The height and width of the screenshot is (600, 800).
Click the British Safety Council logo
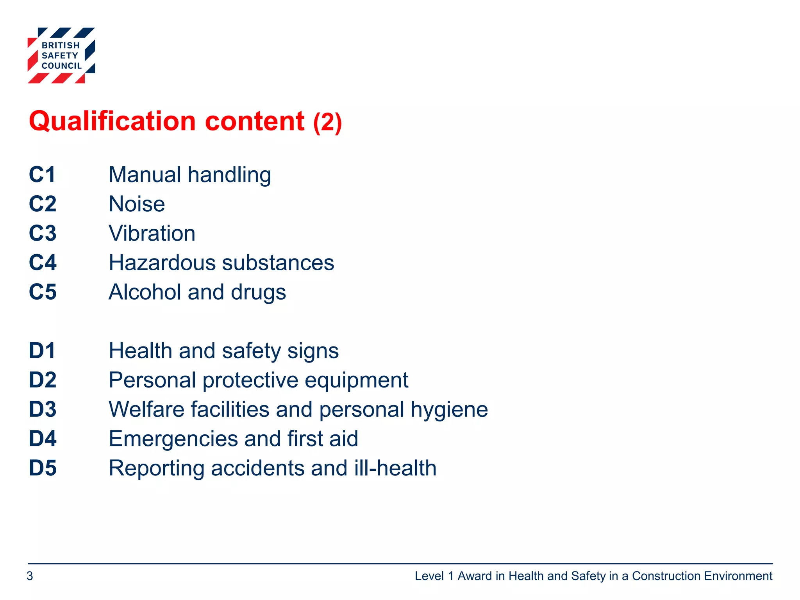click(61, 55)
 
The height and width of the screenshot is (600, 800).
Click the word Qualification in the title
click(112, 121)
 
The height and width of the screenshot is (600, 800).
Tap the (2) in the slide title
click(327, 123)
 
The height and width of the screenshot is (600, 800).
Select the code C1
click(42, 175)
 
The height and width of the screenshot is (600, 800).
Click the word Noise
click(137, 204)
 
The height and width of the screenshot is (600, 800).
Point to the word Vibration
click(152, 234)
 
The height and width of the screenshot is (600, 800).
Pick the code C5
click(43, 292)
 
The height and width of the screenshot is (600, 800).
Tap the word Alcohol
click(145, 292)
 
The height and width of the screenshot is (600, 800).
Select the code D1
click(42, 351)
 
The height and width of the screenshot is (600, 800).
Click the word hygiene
click(449, 410)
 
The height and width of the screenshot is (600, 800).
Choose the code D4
click(43, 439)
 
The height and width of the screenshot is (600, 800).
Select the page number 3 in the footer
click(30, 576)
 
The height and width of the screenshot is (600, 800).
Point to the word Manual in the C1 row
click(145, 175)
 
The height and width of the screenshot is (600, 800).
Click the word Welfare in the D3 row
click(150, 410)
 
